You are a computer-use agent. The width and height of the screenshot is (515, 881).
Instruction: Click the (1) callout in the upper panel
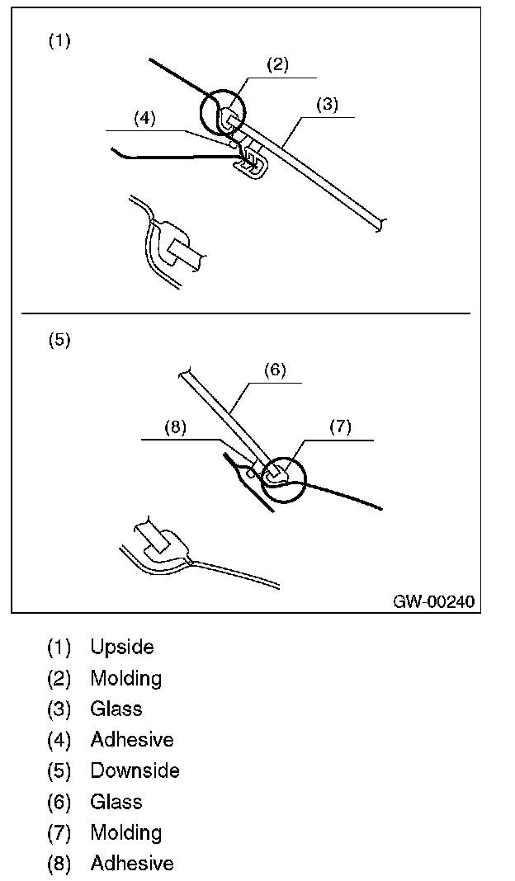click(59, 41)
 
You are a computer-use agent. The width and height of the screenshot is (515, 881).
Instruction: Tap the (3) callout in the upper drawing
click(328, 106)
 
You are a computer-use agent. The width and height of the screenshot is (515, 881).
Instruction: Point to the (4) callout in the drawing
click(144, 118)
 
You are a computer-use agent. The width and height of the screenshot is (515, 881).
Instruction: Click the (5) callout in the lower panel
click(59, 340)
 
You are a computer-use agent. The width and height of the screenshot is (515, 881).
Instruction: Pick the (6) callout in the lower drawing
click(274, 370)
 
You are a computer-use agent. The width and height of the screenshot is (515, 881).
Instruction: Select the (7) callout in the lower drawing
click(340, 426)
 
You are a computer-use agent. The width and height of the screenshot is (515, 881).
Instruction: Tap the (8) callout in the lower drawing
click(176, 427)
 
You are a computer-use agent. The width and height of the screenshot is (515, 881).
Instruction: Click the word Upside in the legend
click(122, 648)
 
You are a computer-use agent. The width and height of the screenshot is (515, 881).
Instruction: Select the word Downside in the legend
click(135, 771)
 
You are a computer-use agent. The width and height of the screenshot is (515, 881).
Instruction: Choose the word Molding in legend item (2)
click(126, 679)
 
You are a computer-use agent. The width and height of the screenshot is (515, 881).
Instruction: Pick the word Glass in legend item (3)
click(116, 709)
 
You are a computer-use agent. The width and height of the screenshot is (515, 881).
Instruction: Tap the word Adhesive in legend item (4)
click(132, 740)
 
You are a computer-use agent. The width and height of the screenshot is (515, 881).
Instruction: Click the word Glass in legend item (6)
click(116, 802)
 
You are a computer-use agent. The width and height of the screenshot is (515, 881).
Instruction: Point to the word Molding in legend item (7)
click(126, 833)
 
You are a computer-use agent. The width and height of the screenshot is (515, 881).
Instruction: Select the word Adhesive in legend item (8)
click(132, 864)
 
